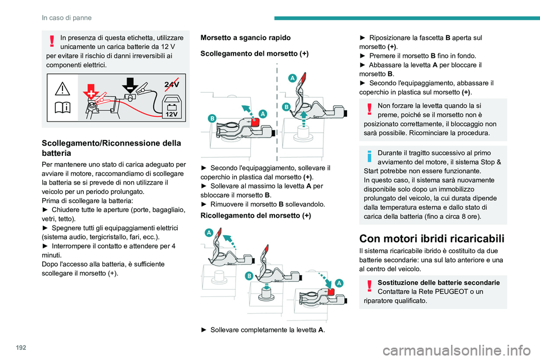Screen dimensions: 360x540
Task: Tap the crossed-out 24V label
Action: [x=172, y=84]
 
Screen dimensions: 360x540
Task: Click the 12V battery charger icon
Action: [x=171, y=105]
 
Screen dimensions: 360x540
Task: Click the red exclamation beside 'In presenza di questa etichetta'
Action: [x=51, y=41]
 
